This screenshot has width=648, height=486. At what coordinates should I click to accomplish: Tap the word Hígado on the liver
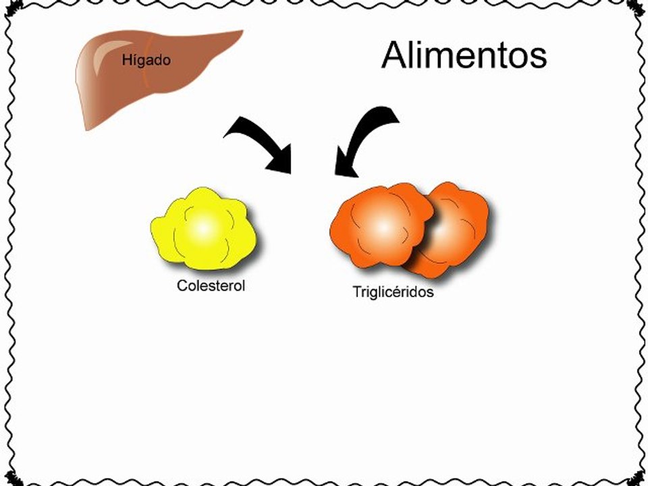click(x=146, y=61)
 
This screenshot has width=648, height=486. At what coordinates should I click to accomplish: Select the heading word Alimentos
click(x=464, y=55)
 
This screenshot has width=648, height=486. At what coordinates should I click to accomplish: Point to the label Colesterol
click(x=211, y=286)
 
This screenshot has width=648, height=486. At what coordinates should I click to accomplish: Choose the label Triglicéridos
click(x=393, y=292)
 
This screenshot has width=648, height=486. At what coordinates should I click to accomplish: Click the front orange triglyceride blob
click(x=382, y=225)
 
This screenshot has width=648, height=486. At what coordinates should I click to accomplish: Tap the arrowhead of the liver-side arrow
click(x=281, y=159)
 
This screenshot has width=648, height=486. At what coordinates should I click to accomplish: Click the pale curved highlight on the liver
click(x=104, y=56)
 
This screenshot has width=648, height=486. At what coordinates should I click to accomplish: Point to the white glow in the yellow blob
click(x=202, y=228)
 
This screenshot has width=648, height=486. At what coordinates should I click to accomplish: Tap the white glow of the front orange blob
click(x=383, y=227)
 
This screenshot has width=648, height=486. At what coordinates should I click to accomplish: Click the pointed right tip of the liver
click(x=242, y=32)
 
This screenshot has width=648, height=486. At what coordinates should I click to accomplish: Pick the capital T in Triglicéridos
click(x=357, y=292)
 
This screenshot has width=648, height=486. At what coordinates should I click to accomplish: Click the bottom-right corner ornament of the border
click(x=636, y=479)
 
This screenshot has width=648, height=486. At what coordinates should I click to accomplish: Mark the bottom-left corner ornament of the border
click(x=13, y=479)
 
